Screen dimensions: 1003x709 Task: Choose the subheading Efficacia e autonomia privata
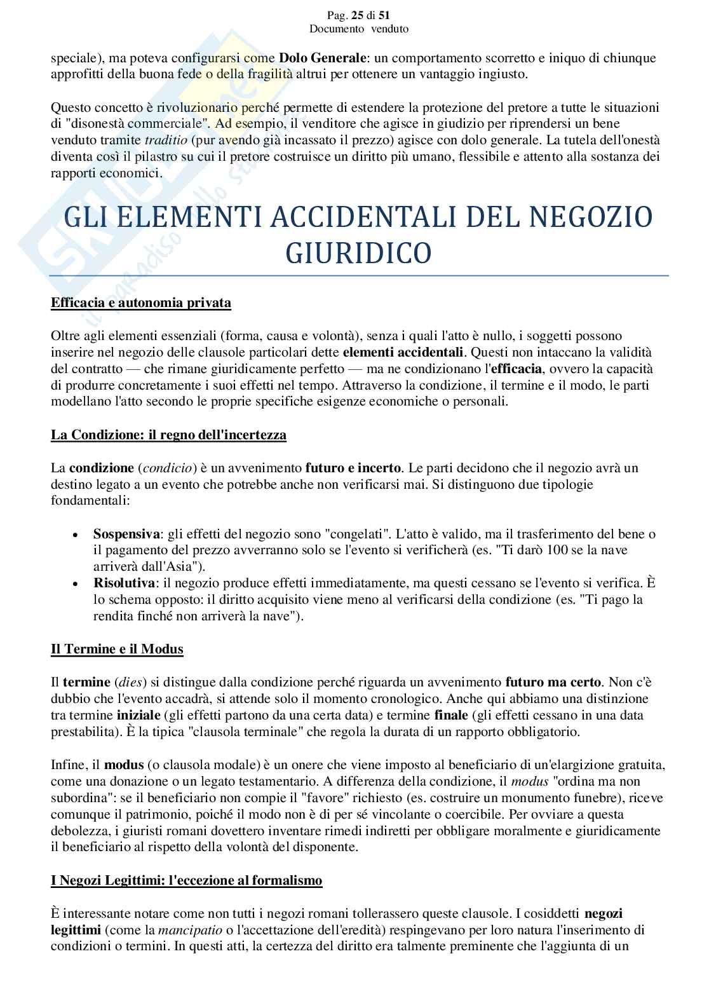140,303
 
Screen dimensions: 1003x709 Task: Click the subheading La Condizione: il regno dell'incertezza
168,435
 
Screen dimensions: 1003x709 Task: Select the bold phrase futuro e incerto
353,468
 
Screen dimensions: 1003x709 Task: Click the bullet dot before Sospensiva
76,534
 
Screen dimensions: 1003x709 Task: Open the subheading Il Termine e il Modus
117,649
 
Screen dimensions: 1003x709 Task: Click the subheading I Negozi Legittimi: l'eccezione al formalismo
187,880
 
